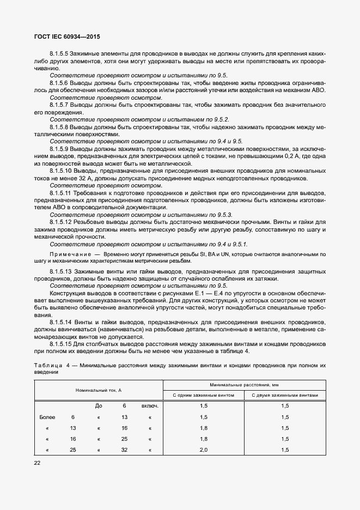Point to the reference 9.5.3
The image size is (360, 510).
[x=223, y=215]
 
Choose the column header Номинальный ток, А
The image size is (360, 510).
[x=99, y=390]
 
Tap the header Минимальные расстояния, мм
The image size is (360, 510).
[x=244, y=385]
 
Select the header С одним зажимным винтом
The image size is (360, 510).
[x=204, y=395]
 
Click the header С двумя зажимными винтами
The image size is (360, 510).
[x=285, y=395]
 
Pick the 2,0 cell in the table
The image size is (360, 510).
[x=204, y=450]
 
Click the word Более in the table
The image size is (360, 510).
[x=48, y=417]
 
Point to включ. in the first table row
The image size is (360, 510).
[x=150, y=406]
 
